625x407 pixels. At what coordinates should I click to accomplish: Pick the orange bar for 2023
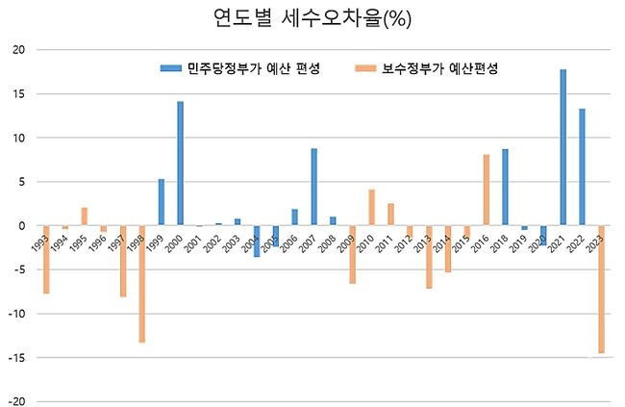[602, 290]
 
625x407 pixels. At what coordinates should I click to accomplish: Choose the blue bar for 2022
[582, 167]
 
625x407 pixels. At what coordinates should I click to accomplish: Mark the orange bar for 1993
[46, 260]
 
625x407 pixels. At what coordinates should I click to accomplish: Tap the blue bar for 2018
[506, 187]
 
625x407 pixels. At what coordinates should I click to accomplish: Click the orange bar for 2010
[371, 208]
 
